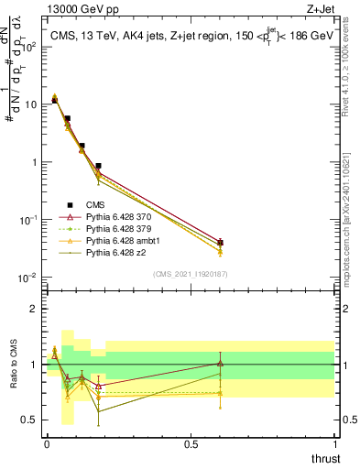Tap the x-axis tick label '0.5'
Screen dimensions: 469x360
pyautogui.click(x=191, y=443)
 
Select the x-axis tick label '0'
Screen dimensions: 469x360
pyautogui.click(x=47, y=443)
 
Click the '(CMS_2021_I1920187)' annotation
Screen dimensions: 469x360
pyautogui.click(x=191, y=273)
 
